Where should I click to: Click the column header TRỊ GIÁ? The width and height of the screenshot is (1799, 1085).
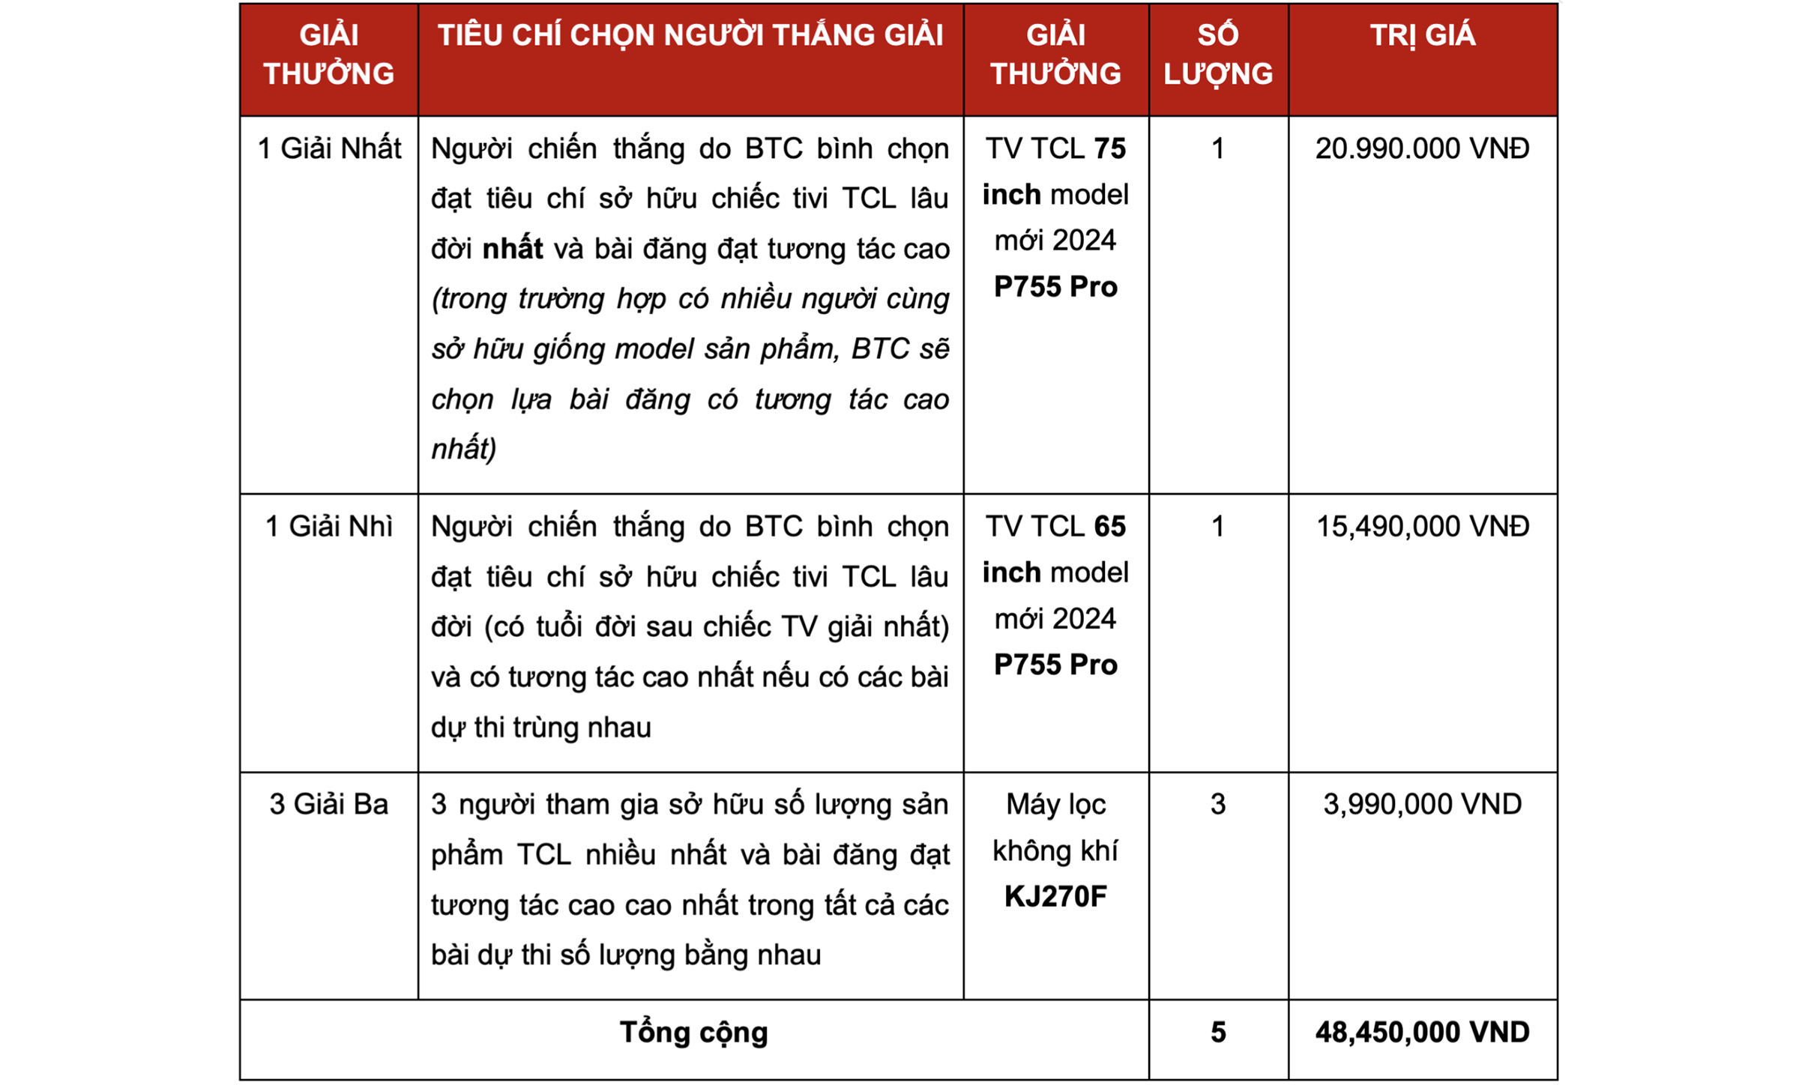(1422, 36)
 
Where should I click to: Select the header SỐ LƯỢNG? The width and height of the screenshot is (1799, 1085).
(1217, 55)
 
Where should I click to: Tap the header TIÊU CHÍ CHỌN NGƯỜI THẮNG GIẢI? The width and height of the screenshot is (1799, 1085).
(690, 36)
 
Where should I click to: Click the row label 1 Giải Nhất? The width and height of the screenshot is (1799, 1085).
(329, 148)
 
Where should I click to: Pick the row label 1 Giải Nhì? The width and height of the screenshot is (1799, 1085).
(329, 526)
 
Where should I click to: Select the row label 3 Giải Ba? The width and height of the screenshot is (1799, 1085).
(329, 804)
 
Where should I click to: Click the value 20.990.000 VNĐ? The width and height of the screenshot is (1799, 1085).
(1422, 148)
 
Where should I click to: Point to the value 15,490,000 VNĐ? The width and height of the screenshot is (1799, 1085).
(1422, 526)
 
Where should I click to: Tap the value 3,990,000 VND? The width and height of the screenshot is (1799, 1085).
(1422, 804)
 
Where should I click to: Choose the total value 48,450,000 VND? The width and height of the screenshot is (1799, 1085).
(1422, 1032)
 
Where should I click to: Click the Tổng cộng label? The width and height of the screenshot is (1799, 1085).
(693, 1032)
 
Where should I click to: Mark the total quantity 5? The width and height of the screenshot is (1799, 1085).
(1218, 1032)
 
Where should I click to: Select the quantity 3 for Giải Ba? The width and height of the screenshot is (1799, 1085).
(1218, 804)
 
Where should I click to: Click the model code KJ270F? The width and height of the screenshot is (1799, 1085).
(1055, 896)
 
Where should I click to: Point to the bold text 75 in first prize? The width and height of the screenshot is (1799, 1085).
(1110, 148)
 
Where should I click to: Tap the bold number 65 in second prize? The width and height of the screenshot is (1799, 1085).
(1110, 526)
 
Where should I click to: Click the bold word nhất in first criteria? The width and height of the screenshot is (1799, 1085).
(513, 249)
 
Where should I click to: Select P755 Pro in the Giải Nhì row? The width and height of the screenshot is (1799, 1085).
(1055, 665)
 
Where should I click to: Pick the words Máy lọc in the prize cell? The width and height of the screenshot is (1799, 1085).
(1055, 804)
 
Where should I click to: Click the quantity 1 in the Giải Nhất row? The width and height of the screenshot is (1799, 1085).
(1218, 148)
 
